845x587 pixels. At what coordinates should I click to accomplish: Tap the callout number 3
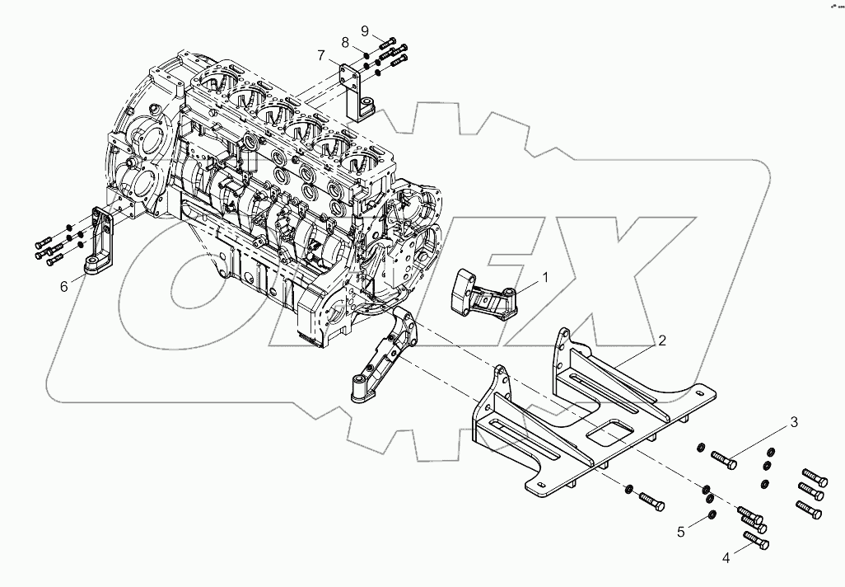point(794,423)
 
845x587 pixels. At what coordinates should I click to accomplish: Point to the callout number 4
point(726,558)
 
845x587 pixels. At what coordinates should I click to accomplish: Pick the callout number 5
point(681,532)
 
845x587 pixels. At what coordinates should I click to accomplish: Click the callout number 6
point(63,286)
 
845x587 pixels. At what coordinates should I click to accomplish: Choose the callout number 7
point(323,55)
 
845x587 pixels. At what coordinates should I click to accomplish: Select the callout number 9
point(365,31)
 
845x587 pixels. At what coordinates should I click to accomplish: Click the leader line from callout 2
point(638,353)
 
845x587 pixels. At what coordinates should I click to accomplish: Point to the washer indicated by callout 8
point(363,55)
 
